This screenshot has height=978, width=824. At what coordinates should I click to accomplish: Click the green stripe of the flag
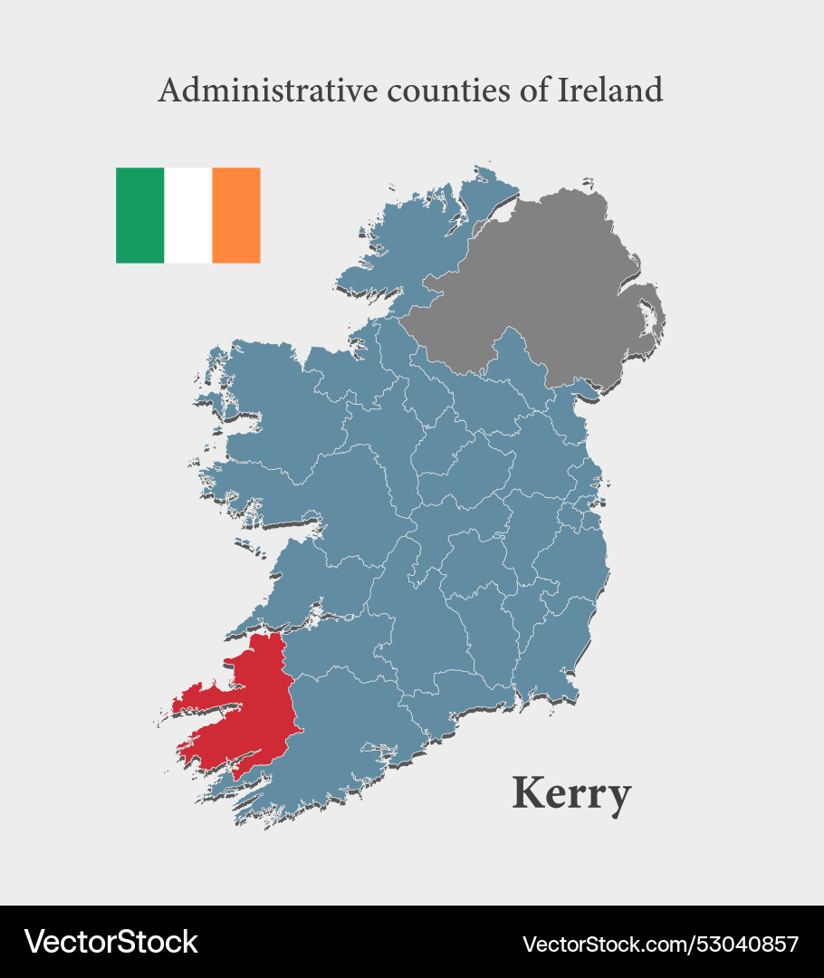click(x=139, y=216)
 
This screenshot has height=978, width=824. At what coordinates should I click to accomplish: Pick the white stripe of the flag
click(x=188, y=216)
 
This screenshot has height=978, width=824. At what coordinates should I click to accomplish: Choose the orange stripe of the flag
click(x=236, y=216)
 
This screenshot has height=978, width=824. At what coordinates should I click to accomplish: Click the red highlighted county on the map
click(x=254, y=706)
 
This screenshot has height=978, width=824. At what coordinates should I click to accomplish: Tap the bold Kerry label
click(x=571, y=794)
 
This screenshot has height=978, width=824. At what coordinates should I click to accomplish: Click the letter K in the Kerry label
click(x=529, y=793)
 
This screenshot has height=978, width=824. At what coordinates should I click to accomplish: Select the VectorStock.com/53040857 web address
click(x=661, y=944)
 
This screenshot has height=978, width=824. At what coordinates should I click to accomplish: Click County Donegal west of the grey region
click(x=407, y=235)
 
